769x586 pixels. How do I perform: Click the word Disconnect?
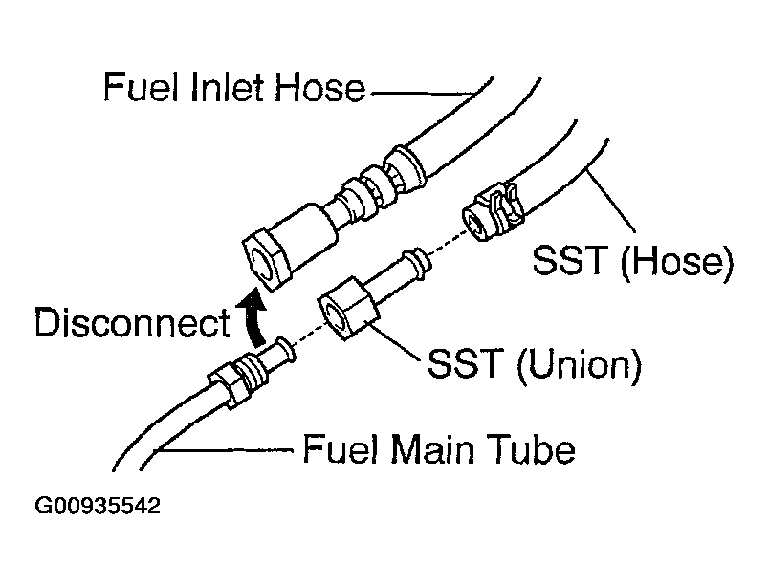coord(132,324)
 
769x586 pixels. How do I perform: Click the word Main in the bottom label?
coord(440,448)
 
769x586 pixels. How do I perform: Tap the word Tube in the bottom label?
coord(534,448)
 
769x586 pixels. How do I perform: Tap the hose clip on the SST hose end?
coord(496,209)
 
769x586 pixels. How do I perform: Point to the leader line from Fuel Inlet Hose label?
coord(421,93)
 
